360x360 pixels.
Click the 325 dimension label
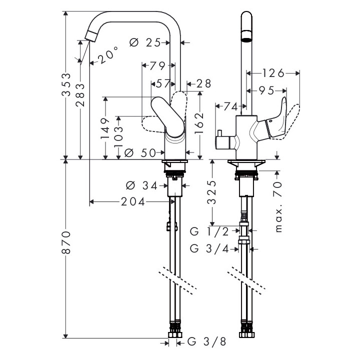212,192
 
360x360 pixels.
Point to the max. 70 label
278,206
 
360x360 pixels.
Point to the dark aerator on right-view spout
246,37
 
